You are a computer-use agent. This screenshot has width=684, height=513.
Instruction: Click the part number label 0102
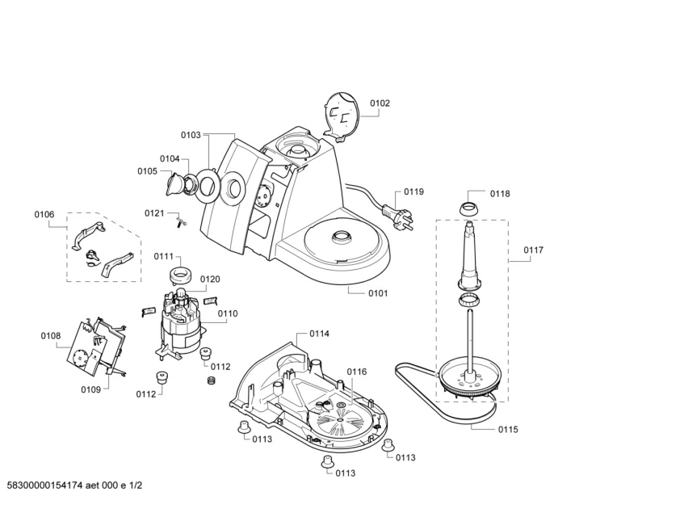[x=380, y=103]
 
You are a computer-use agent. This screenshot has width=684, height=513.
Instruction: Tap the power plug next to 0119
[x=397, y=217]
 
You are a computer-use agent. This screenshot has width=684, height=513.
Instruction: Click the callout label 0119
[x=413, y=192]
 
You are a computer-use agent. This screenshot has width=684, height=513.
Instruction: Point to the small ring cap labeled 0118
[x=468, y=208]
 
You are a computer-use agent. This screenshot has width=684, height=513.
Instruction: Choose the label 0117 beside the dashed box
[x=533, y=250]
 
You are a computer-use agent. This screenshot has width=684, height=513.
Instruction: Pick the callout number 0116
[x=357, y=372]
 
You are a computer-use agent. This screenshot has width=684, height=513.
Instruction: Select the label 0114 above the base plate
[x=319, y=333]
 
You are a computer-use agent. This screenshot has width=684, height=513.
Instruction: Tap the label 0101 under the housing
[x=377, y=293]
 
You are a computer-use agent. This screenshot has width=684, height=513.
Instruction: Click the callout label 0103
[x=191, y=135]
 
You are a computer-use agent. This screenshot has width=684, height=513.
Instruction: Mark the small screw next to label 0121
[x=183, y=220]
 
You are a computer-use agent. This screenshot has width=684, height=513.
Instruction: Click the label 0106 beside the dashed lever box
[x=44, y=214]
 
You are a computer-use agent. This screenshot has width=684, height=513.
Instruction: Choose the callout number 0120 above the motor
[x=209, y=279]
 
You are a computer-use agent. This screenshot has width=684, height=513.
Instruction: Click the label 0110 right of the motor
[x=228, y=313]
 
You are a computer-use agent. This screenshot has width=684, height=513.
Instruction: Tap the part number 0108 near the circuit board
[x=51, y=335]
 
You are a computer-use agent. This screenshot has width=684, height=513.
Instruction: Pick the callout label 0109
[x=90, y=390]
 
